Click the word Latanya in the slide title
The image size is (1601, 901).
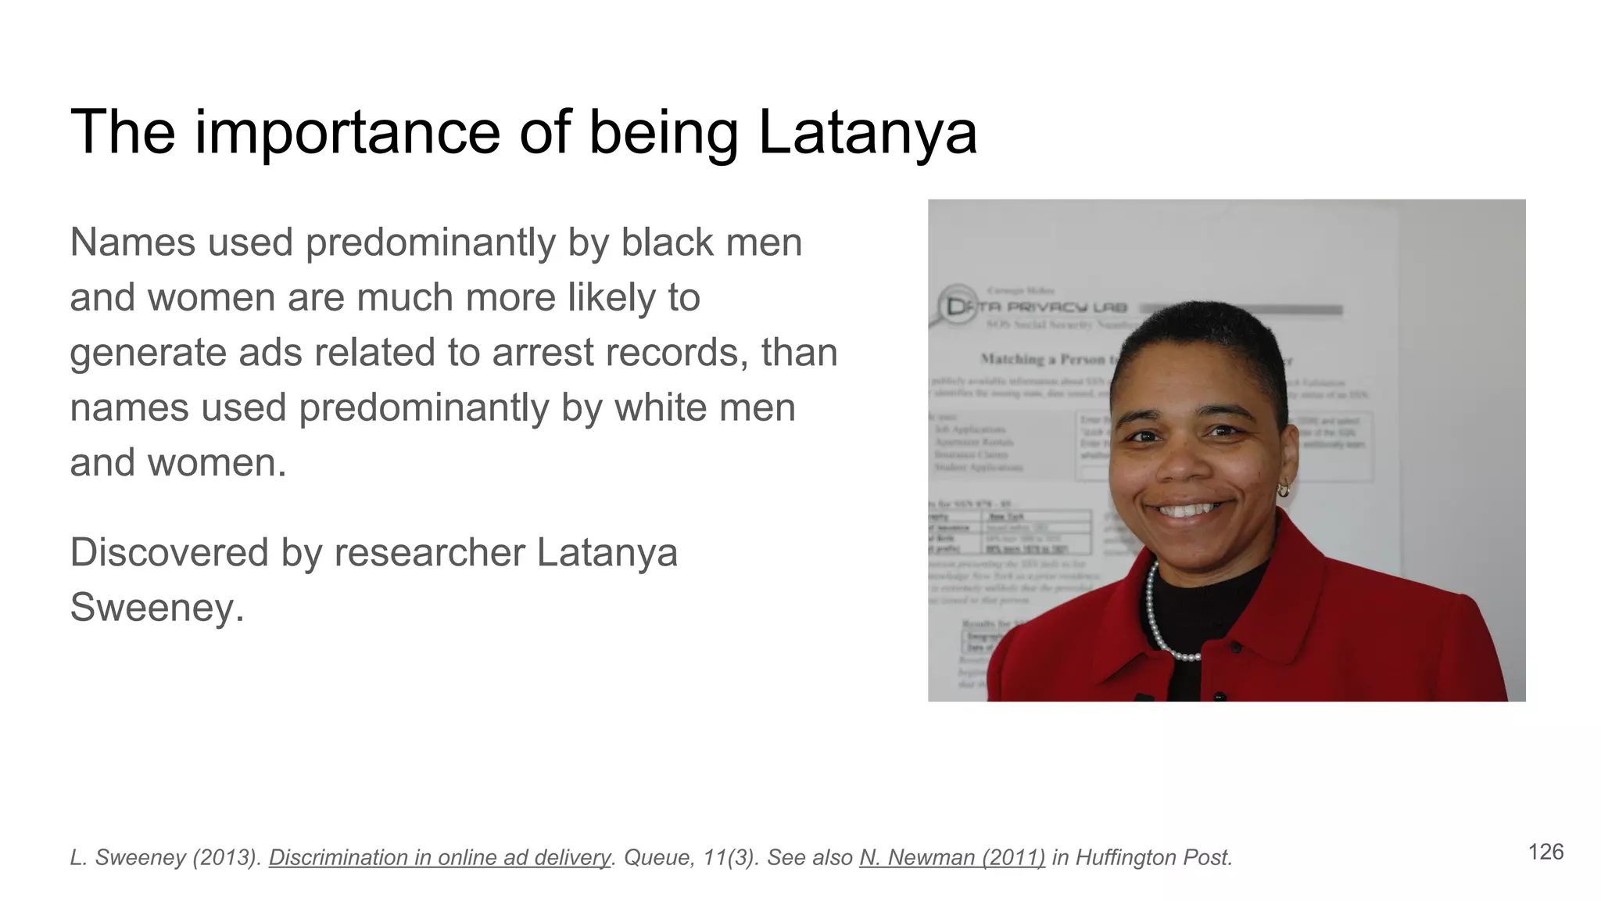click(868, 131)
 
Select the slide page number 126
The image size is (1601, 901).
click(1545, 852)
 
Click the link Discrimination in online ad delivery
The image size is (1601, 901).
click(439, 857)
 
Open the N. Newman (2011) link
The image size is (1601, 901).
click(951, 857)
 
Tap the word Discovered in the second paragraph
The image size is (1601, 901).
click(169, 552)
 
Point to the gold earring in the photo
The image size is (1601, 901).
click(1283, 490)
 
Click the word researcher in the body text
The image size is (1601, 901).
click(429, 552)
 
